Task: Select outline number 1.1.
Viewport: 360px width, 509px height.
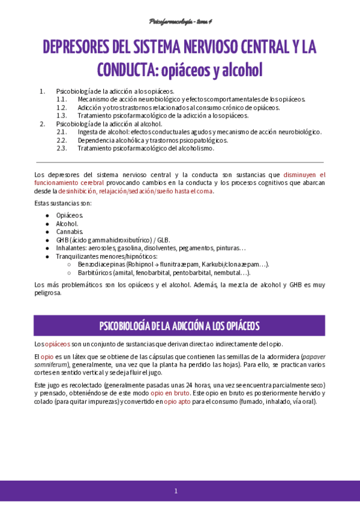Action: click(61, 99)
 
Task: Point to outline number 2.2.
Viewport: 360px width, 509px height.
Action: click(61, 140)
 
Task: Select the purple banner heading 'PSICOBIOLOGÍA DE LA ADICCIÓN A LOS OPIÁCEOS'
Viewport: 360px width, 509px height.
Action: click(179, 325)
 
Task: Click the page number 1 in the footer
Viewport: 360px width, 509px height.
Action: click(176, 491)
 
